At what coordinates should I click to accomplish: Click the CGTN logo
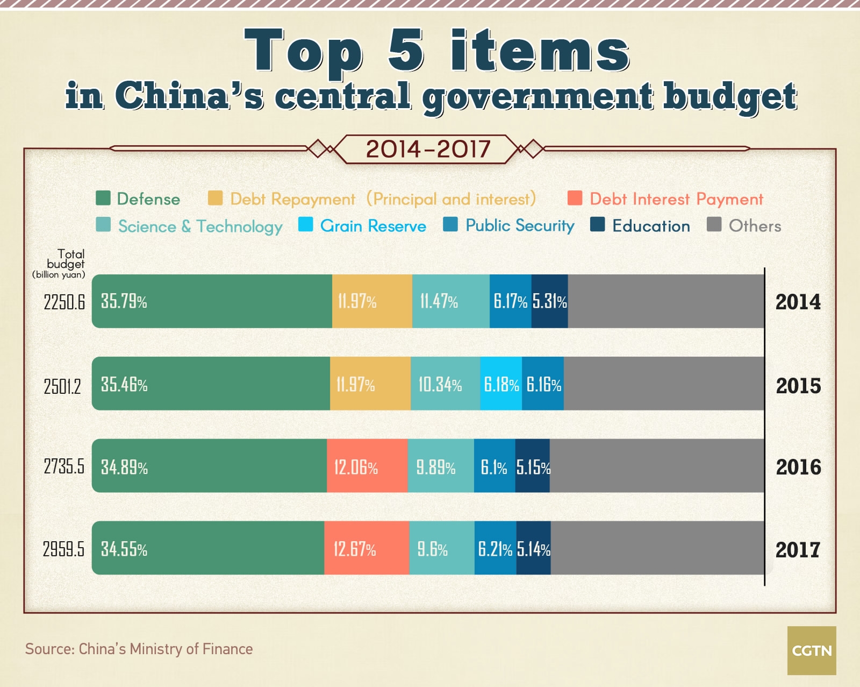(812, 650)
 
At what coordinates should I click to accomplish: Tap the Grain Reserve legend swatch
(305, 224)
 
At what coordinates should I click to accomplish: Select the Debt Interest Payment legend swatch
(575, 198)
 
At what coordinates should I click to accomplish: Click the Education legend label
(651, 226)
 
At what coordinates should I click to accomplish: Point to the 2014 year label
(798, 302)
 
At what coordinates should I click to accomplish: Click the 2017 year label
(798, 549)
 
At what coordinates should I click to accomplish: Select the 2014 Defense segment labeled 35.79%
(212, 301)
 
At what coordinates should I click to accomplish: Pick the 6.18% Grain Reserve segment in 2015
(501, 384)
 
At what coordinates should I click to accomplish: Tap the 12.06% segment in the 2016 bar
(367, 466)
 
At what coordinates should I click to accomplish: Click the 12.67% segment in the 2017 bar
(367, 548)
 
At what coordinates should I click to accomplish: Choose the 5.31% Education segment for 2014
(549, 301)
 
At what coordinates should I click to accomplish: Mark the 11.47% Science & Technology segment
(450, 301)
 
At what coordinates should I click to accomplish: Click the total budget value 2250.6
(64, 302)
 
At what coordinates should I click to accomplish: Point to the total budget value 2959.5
(63, 549)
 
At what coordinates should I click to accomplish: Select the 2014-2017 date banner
(428, 149)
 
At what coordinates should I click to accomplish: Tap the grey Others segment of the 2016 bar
(656, 466)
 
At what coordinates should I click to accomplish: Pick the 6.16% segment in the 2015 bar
(543, 384)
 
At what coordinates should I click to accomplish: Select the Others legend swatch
(714, 224)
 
